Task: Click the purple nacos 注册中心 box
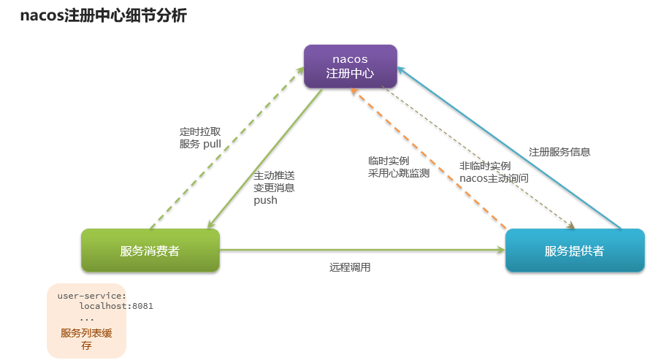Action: point(351,66)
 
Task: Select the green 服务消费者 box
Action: point(150,250)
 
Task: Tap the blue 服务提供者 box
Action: point(575,250)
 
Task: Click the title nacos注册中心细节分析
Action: point(103,15)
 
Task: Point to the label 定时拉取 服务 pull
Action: point(200,138)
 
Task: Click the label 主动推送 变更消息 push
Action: point(275,188)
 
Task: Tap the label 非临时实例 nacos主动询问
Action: point(494,172)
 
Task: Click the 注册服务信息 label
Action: point(559,152)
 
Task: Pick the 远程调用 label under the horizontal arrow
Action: point(350,267)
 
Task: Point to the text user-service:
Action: point(92,295)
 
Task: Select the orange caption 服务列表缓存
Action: point(86,338)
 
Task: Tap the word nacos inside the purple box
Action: point(351,58)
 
